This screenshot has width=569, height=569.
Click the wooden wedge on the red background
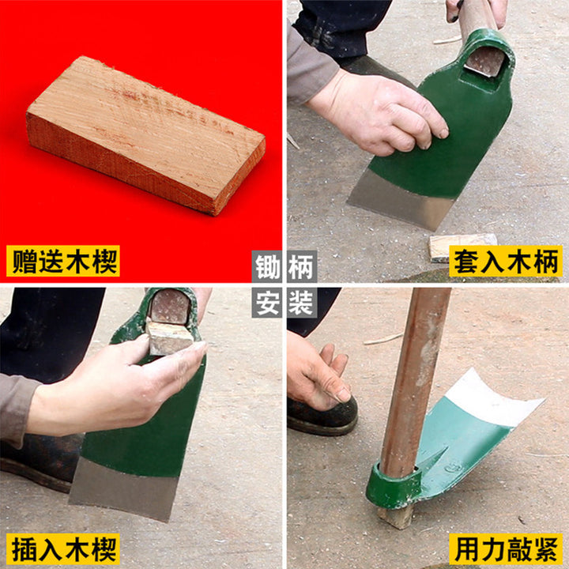[x=145, y=135]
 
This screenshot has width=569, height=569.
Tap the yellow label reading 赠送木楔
[x=63, y=261]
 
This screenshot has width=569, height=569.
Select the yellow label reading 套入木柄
[x=506, y=261]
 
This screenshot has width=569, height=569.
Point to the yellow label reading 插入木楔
[x=63, y=549]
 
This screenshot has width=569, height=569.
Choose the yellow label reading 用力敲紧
[x=506, y=549]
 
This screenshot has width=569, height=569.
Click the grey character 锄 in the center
[x=267, y=267]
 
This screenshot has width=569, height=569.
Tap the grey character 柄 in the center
[x=302, y=267]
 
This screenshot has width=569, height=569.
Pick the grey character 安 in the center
[x=267, y=302]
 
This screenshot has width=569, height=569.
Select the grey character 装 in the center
[x=302, y=302]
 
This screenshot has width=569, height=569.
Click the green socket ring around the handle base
[x=394, y=486]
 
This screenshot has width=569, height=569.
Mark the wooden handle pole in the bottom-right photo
[x=413, y=381]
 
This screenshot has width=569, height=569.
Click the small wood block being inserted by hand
[x=170, y=337]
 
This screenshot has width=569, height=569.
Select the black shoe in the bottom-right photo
[x=322, y=416]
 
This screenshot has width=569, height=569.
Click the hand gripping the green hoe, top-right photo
[x=378, y=112]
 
